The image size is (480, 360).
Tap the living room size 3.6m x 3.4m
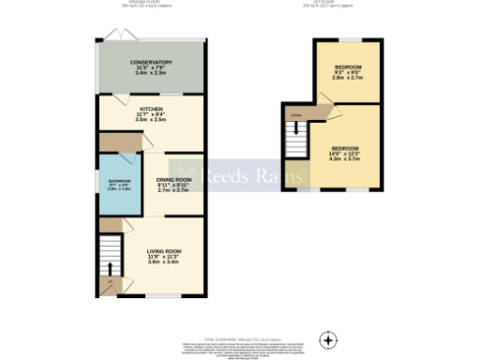(163, 262)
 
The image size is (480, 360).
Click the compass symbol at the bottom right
(327, 338)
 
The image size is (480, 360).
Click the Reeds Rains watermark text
(240, 173)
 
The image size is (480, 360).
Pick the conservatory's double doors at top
(113, 35)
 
